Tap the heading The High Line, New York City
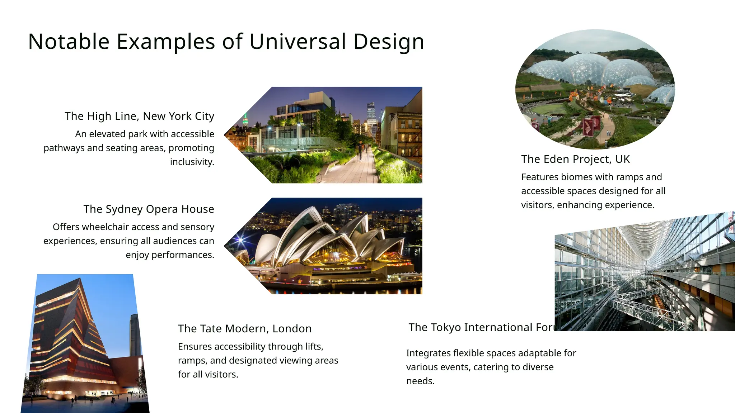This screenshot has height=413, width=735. coord(139,116)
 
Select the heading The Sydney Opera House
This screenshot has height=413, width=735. coord(149,209)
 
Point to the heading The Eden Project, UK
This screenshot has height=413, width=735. coord(575,159)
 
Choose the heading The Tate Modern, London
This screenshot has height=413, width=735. coord(245,329)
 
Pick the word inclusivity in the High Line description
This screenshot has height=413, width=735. coord(192,162)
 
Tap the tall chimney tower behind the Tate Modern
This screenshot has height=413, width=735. coord(134,335)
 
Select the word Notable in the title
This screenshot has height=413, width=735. coord(69,42)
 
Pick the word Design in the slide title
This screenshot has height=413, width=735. coord(388,42)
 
